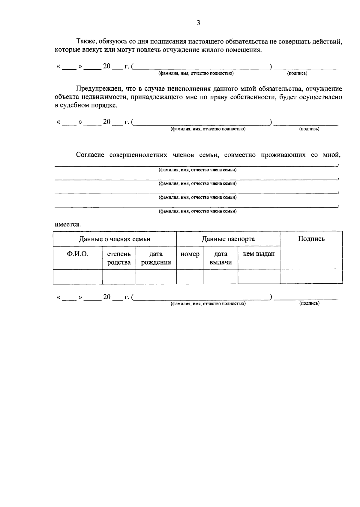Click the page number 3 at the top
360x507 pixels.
click(x=198, y=23)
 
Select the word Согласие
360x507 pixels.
click(x=90, y=155)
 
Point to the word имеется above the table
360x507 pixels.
click(x=67, y=225)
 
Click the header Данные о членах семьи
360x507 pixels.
click(x=115, y=239)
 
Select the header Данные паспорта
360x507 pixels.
click(x=228, y=239)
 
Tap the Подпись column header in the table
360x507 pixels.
click(x=311, y=239)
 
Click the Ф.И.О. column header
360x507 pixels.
click(x=77, y=254)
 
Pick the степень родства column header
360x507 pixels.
click(x=119, y=258)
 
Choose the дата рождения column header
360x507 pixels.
click(x=156, y=258)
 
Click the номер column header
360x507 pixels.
click(x=190, y=254)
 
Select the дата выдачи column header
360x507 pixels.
click(x=220, y=258)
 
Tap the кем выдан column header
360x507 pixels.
click(x=259, y=254)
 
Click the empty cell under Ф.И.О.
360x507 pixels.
click(x=77, y=276)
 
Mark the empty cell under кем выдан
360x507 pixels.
click(x=259, y=276)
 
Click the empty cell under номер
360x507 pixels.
click(x=190, y=276)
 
